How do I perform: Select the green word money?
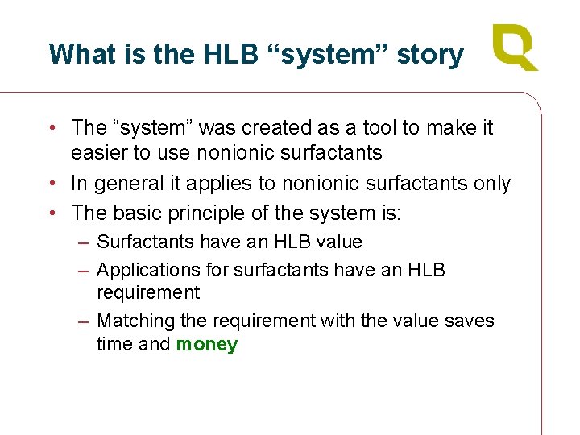[x=207, y=345]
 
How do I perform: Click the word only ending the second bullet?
[x=491, y=184]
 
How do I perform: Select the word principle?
[x=210, y=213]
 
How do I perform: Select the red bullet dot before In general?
[x=52, y=184]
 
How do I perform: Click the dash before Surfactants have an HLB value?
[x=85, y=242]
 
